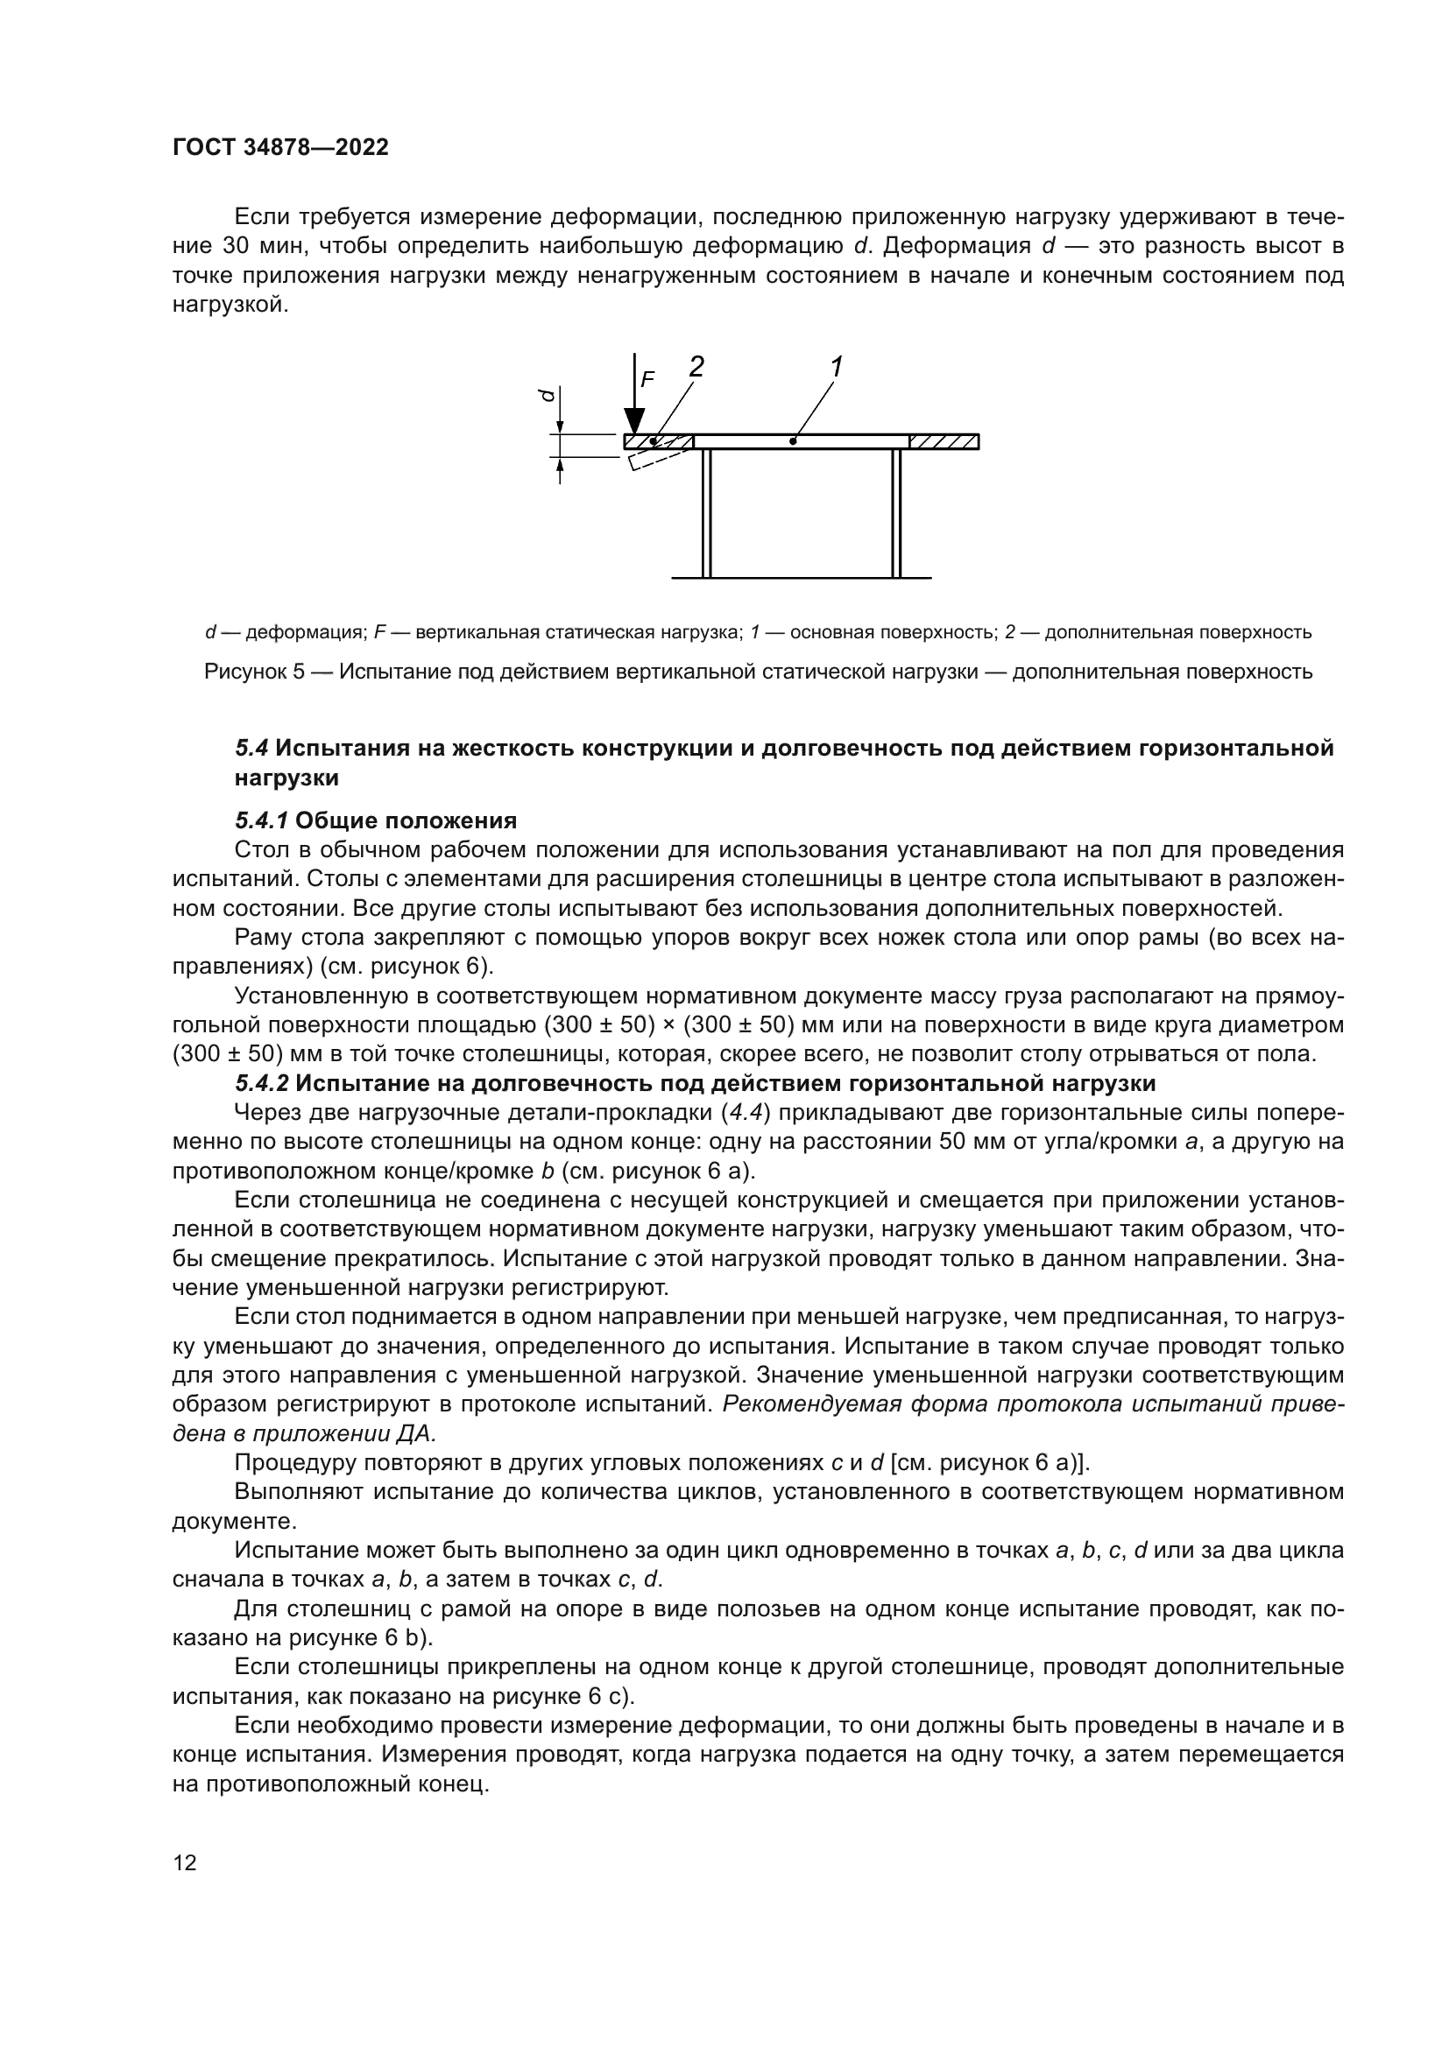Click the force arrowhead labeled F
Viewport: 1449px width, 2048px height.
coord(634,420)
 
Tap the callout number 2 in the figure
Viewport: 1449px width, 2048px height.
coord(696,367)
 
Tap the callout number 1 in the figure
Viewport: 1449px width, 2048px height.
coord(836,367)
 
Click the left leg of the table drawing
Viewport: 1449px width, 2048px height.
coord(706,513)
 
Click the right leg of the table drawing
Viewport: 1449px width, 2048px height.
coord(896,513)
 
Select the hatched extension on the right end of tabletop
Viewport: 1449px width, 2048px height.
coord(944,441)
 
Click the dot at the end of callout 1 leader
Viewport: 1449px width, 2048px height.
coord(792,441)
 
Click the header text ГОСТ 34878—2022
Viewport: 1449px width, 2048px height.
coord(280,148)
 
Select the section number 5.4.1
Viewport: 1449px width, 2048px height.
coord(261,820)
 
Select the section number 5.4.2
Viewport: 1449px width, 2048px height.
coord(261,1084)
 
